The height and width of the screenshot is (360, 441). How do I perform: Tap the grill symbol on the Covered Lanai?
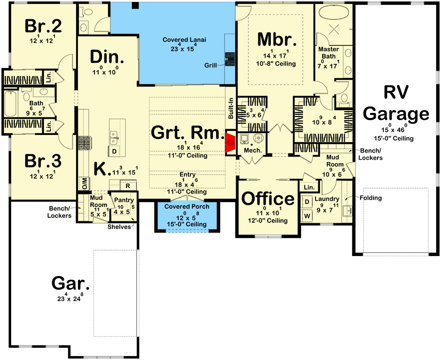230,59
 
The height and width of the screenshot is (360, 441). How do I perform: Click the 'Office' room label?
268,198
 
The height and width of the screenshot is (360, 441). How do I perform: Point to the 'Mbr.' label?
277,40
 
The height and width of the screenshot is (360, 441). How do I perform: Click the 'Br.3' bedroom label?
43,161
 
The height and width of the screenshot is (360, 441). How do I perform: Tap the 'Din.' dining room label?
107,57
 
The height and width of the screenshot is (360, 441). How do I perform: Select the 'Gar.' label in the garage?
71,283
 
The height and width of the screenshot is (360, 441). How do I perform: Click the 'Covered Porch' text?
186,207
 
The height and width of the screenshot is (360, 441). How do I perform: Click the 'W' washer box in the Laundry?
308,216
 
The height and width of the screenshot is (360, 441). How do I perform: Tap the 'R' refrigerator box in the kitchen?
128,185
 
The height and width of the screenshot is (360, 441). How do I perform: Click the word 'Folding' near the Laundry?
370,198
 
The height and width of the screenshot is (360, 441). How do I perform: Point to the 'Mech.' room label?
252,150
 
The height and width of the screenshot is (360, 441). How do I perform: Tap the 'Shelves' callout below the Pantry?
119,227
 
